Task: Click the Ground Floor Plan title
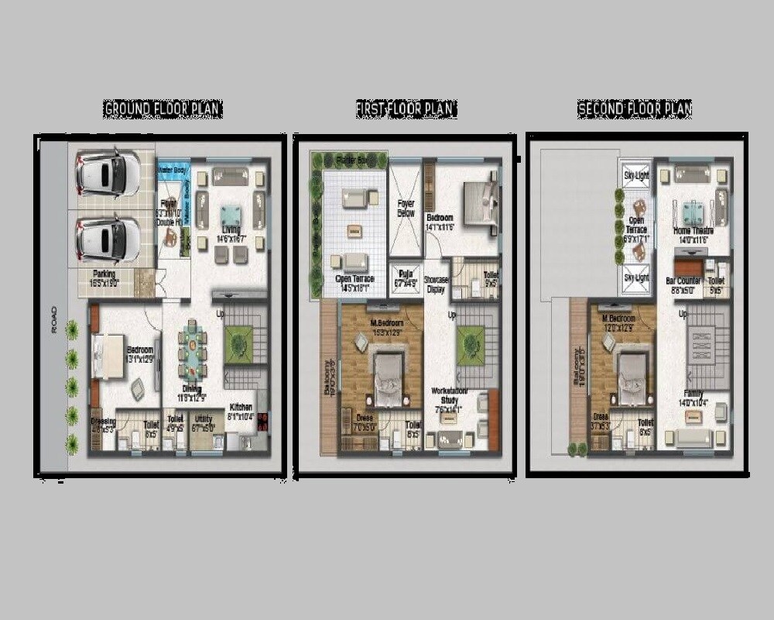pyautogui.click(x=163, y=109)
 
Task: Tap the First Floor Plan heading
pyautogui.click(x=406, y=109)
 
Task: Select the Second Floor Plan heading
pyautogui.click(x=635, y=109)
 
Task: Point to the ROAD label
pyautogui.click(x=54, y=319)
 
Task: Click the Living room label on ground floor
pyautogui.click(x=230, y=229)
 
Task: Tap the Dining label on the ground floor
pyautogui.click(x=191, y=389)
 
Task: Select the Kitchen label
pyautogui.click(x=241, y=408)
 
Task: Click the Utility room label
pyautogui.click(x=204, y=419)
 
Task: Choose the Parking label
pyautogui.click(x=104, y=274)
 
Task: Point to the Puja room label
pyautogui.click(x=405, y=274)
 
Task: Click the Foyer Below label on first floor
pyautogui.click(x=406, y=208)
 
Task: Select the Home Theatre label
pyautogui.click(x=693, y=231)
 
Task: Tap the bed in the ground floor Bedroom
pyautogui.click(x=108, y=356)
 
